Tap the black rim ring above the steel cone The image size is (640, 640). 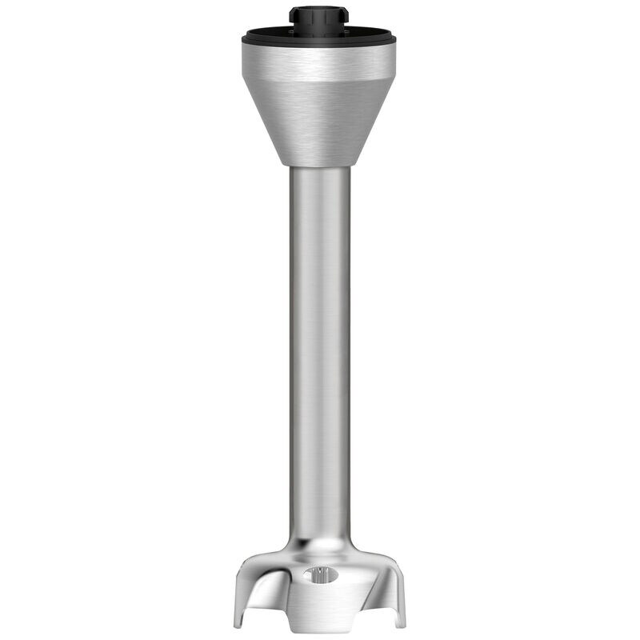319,37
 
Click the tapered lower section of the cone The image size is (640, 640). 319,120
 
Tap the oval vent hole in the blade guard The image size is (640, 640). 321,573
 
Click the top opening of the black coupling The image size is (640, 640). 319,9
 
